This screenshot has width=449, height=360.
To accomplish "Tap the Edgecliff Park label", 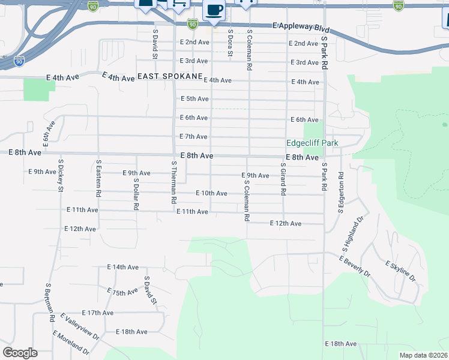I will pos(312,143).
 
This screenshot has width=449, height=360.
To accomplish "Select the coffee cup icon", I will pos(214,10).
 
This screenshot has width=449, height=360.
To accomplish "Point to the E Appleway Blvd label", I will pos(301,27).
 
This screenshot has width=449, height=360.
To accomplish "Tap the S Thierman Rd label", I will pos(173,182).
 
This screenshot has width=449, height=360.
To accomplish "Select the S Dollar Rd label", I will pos(136,194).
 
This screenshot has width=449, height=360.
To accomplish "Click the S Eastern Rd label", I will pos(98,179).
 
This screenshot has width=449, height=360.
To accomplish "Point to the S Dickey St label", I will pos(61,175).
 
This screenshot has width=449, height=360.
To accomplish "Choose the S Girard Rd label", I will pos(283,179).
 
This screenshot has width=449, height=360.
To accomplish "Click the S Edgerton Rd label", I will pos(340,193).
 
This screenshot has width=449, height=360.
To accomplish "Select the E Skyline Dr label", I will pos(400,271).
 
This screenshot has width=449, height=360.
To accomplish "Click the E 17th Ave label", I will pos(97,313).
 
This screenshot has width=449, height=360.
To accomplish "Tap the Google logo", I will pos(20,353).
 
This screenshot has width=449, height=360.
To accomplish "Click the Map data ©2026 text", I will pos(423,355).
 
